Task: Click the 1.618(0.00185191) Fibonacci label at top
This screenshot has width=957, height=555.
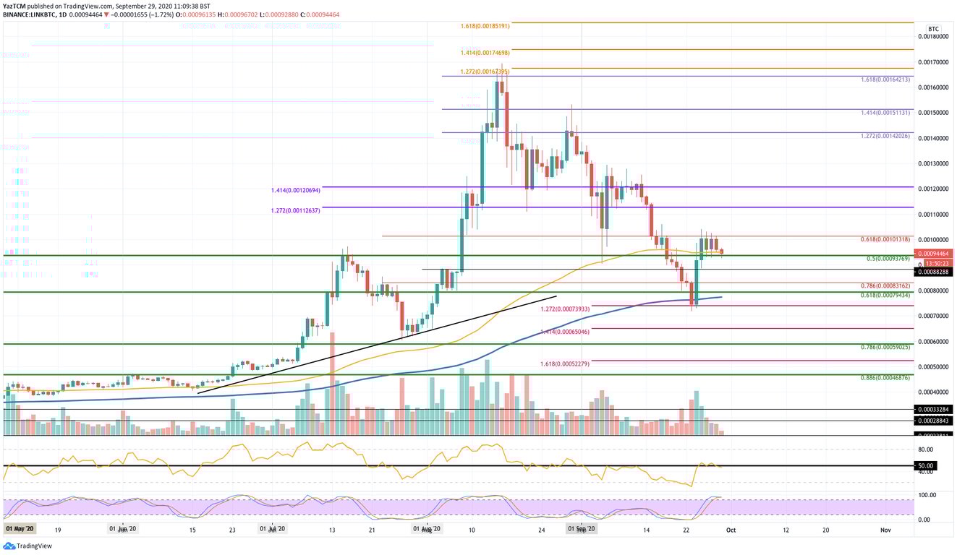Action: [485, 25]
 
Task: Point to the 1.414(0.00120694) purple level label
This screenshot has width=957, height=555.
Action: [292, 190]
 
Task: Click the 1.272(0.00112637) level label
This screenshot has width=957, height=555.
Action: [292, 211]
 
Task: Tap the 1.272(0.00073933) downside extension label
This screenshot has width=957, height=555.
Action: [565, 309]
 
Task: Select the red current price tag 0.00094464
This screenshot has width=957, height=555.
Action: [933, 254]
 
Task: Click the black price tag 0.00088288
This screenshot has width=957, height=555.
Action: [933, 272]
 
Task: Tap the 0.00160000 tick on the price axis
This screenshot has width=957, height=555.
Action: [933, 87]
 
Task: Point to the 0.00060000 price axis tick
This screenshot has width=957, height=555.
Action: [933, 342]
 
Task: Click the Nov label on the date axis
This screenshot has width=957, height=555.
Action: [885, 530]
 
